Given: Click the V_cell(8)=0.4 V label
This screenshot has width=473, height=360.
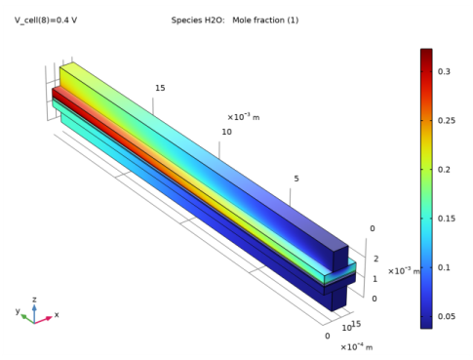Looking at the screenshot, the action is (46, 20).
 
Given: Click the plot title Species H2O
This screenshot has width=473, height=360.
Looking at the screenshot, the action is (198, 20).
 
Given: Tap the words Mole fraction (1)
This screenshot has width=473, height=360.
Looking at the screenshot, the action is (265, 20).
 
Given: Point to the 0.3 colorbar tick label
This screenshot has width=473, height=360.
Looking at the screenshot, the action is (444, 71).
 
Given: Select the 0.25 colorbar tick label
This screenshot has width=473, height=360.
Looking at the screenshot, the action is (447, 120).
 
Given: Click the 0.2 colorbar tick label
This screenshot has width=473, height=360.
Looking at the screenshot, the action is (444, 170).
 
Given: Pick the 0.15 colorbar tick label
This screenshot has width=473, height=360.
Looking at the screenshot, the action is (447, 219).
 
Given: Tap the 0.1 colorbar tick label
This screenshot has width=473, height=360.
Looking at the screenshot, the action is (444, 267).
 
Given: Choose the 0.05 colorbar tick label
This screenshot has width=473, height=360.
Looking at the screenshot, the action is (447, 316).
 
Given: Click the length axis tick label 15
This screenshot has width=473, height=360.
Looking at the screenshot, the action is (160, 88).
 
